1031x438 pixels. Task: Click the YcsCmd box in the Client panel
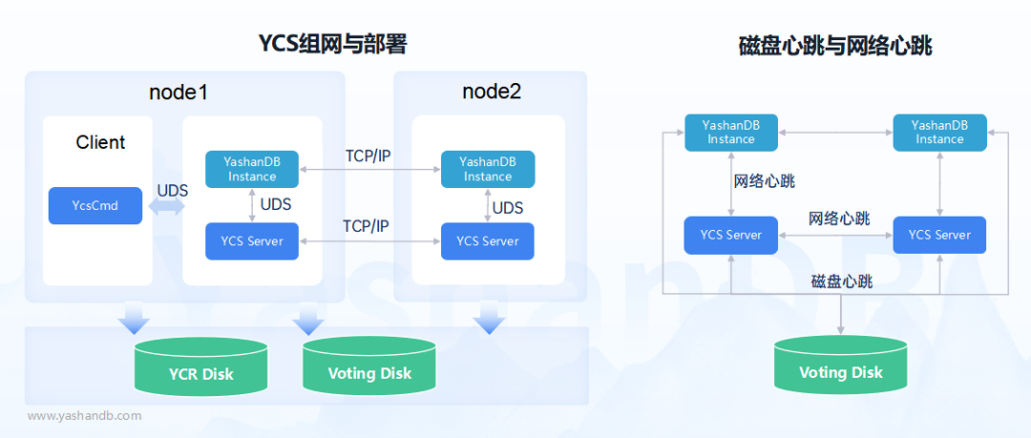point(95,206)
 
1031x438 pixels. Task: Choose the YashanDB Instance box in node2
point(488,169)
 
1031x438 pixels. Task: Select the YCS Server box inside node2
point(487,241)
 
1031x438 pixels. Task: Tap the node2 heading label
point(492,93)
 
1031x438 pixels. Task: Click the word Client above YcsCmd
point(100,142)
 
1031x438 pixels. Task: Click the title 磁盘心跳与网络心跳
point(835,45)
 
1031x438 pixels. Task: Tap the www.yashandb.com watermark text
point(84,415)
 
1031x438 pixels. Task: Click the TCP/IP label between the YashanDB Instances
point(368,155)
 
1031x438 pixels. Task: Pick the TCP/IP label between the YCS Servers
point(368,227)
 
